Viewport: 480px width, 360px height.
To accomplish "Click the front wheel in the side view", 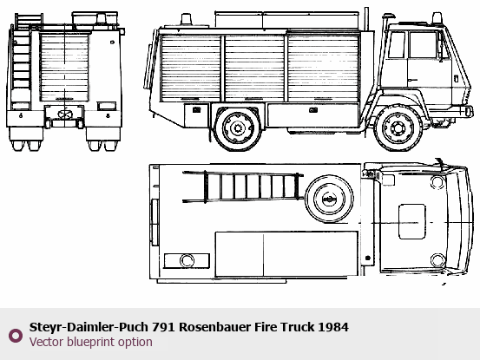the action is pyautogui.click(x=398, y=128).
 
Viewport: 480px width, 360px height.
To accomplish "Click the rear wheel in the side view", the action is pyautogui.click(x=238, y=128).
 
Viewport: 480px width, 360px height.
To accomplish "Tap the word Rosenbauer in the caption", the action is pyautogui.click(x=214, y=327).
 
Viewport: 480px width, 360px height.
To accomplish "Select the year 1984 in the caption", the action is pyautogui.click(x=333, y=327).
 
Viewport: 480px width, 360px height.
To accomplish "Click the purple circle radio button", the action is pyautogui.click(x=16, y=336).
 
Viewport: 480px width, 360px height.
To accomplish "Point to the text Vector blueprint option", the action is pyautogui.click(x=91, y=342).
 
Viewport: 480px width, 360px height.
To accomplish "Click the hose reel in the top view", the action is pyautogui.click(x=329, y=199).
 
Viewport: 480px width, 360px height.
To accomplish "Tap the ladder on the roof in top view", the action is pyautogui.click(x=243, y=187).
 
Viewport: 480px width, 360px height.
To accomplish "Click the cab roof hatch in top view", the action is pyautogui.click(x=411, y=221).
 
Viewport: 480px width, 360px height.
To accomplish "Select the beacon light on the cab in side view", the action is pyautogui.click(x=437, y=18).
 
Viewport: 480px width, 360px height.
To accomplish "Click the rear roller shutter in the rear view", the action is pyautogui.click(x=64, y=68).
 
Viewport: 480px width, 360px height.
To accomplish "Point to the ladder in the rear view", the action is pyautogui.click(x=22, y=62).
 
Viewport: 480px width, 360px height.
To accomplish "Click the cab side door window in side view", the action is pyautogui.click(x=423, y=44).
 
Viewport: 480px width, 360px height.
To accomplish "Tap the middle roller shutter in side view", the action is pyautogui.click(x=254, y=68).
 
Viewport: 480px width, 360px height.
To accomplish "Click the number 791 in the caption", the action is pyautogui.click(x=163, y=327).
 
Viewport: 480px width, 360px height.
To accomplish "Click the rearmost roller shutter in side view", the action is pyautogui.click(x=190, y=68).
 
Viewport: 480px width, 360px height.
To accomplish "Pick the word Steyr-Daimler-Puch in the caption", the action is pyautogui.click(x=89, y=327).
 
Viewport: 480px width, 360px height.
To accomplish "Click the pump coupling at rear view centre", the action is pyautogui.click(x=64, y=115).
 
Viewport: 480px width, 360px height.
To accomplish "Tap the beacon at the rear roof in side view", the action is pyautogui.click(x=186, y=19).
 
